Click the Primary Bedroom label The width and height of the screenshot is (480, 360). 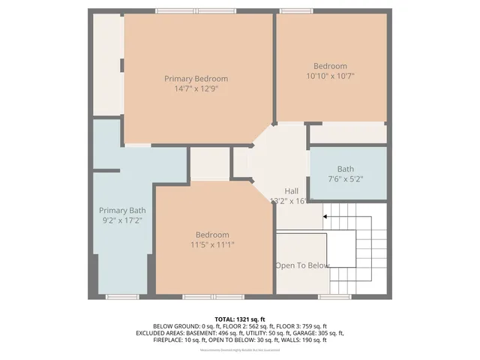pyautogui.click(x=196, y=79)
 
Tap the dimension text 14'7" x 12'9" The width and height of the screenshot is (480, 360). pyautogui.click(x=196, y=88)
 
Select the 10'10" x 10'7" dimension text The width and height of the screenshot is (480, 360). pyautogui.click(x=331, y=76)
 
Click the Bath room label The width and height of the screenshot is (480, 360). pyautogui.click(x=345, y=169)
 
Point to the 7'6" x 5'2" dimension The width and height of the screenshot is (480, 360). pyautogui.click(x=345, y=179)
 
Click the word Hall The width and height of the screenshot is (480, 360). pyautogui.click(x=291, y=191)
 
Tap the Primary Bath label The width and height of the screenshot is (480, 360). pyautogui.click(x=121, y=210)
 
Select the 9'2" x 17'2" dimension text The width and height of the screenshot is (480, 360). pyautogui.click(x=121, y=220)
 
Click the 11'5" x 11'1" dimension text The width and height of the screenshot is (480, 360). pyautogui.click(x=212, y=244)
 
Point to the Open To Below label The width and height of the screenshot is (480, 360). pyautogui.click(x=302, y=265)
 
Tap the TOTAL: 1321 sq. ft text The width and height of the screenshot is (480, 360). pyautogui.click(x=240, y=319)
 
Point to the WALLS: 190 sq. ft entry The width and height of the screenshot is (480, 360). pyautogui.click(x=302, y=340)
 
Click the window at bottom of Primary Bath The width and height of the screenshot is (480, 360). pyautogui.click(x=121, y=297)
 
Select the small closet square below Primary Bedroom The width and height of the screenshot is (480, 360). pyautogui.click(x=209, y=163)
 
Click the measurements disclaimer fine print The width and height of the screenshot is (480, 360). pyautogui.click(x=240, y=349)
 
